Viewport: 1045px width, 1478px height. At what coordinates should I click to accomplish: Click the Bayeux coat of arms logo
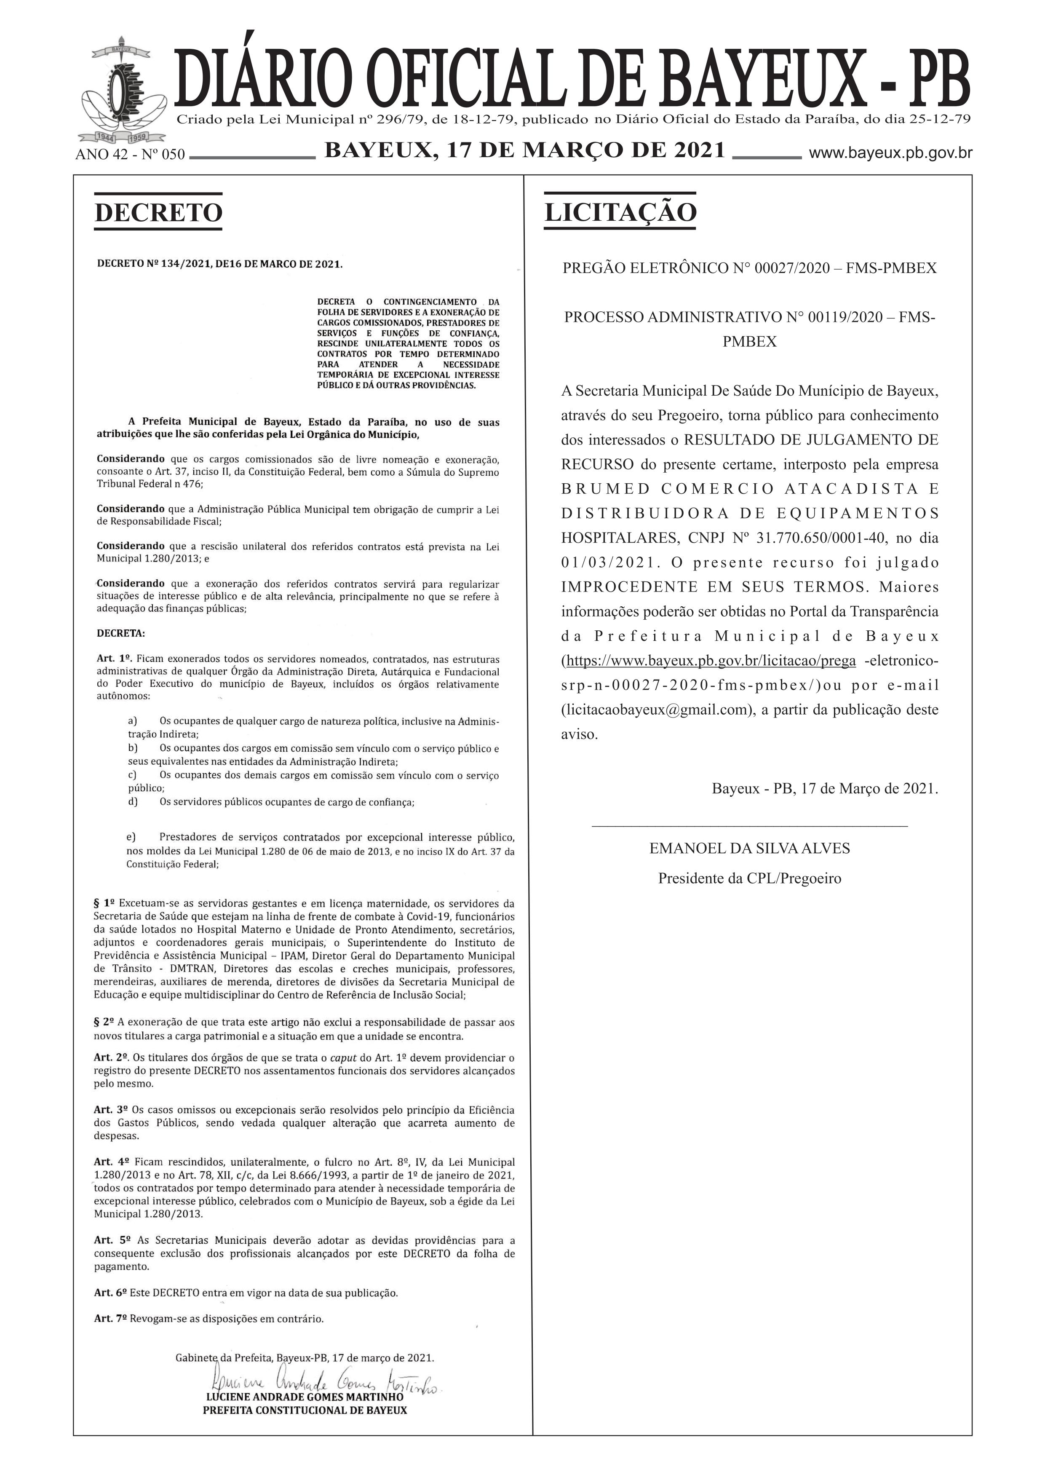pyautogui.click(x=120, y=94)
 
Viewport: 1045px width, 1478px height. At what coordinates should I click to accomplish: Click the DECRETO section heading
pyautogui.click(x=158, y=212)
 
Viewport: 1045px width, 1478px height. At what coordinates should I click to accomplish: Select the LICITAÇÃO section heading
pyautogui.click(x=620, y=212)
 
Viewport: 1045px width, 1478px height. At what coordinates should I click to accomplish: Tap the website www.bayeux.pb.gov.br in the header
pyautogui.click(x=890, y=154)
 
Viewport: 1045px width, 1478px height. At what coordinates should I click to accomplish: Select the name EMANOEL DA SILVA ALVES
pyautogui.click(x=750, y=849)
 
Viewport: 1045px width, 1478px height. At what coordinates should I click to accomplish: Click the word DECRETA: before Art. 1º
pyautogui.click(x=121, y=633)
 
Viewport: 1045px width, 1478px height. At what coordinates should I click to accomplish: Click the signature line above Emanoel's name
pyautogui.click(x=750, y=825)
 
